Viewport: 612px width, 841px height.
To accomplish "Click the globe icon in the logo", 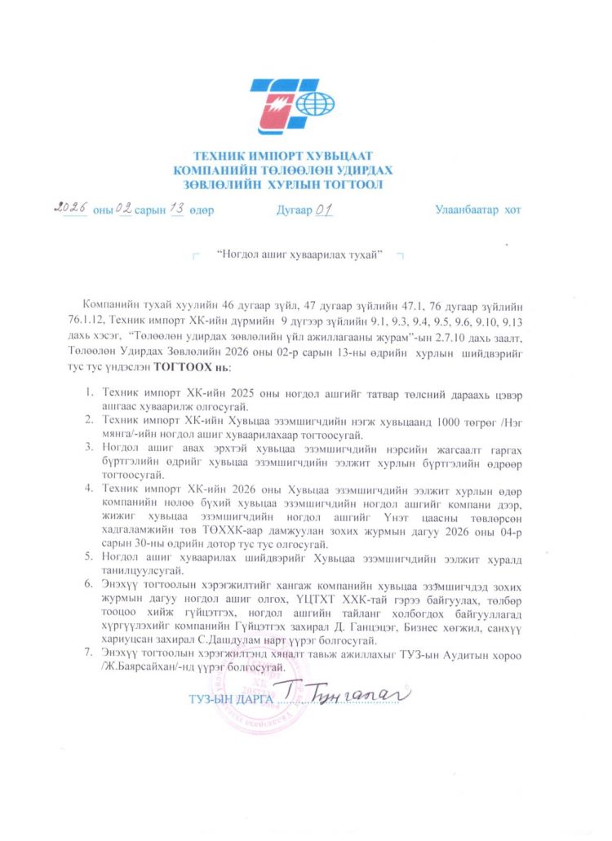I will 315,104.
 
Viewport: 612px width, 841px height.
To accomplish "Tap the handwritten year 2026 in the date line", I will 71,208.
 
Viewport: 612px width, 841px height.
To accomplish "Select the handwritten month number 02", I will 124,209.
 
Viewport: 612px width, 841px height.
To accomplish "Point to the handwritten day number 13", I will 175,209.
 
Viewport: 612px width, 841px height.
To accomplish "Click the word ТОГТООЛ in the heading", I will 352,184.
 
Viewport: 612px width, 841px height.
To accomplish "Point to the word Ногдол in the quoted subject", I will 242,256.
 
